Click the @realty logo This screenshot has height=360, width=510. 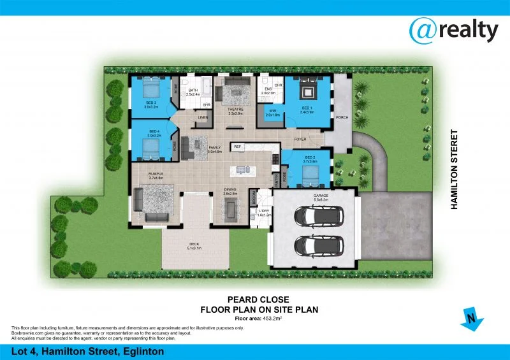pos(453,29)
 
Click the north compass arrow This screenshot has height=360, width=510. pos(470,318)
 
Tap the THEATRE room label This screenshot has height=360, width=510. pos(236,110)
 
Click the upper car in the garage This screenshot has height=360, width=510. pos(317,217)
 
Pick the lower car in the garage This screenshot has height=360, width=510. pos(317,245)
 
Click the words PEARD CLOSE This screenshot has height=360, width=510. pos(258,299)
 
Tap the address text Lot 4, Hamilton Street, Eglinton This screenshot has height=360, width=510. pos(87,351)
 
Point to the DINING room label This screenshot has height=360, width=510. pos(230,190)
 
